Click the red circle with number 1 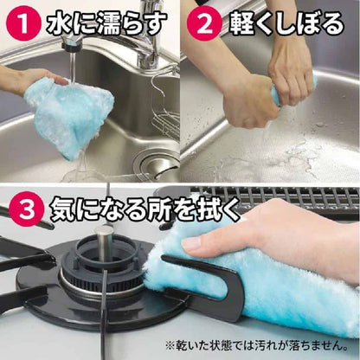24,23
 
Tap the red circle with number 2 204,23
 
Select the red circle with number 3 27,209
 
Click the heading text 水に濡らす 106,23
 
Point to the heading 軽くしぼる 286,23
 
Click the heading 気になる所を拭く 145,209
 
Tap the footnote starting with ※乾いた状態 256,345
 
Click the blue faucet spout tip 72,44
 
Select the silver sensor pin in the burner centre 104,242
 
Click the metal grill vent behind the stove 274,197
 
